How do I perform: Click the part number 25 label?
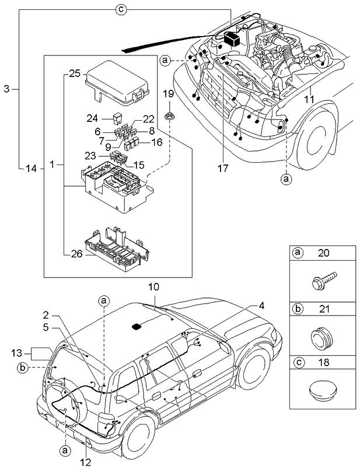[74, 73]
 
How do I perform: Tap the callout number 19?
[167, 94]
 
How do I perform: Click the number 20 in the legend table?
[323, 252]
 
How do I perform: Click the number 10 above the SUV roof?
[153, 287]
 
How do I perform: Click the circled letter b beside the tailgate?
[23, 367]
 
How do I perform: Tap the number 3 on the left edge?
[6, 89]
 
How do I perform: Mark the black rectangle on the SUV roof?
[138, 327]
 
